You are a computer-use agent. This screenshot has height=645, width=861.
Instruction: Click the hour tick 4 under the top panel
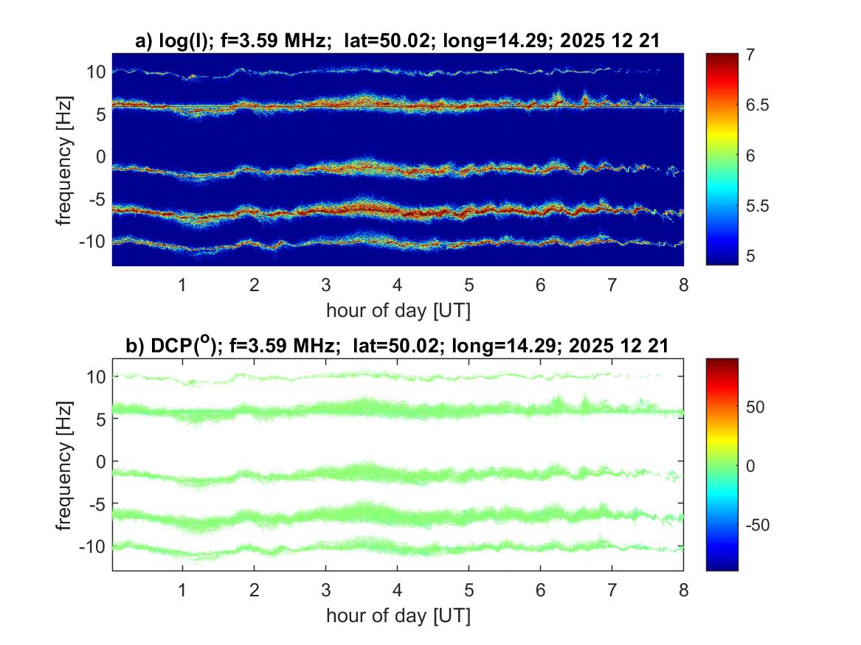coord(398,285)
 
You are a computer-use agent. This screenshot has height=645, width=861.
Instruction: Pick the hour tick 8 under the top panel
coord(683,285)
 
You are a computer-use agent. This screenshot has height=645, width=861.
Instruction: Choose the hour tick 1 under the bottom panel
coord(182,590)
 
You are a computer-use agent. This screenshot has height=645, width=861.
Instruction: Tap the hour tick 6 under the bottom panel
coord(541,590)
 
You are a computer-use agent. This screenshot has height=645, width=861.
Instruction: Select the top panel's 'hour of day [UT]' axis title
coord(398,310)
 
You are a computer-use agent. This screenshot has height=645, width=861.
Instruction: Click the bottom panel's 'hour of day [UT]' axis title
coord(398,616)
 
